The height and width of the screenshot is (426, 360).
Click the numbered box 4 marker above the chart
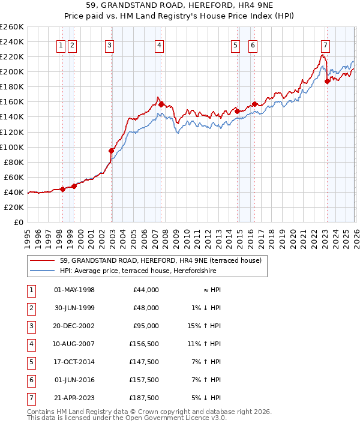tap(159, 44)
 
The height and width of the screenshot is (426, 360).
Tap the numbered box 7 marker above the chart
tap(325, 44)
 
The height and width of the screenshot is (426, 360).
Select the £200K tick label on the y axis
tap(12, 71)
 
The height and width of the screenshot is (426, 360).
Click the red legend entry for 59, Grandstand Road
tap(160, 261)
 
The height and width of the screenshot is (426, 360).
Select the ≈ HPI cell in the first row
tap(210, 290)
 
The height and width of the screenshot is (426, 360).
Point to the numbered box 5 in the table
tap(31, 362)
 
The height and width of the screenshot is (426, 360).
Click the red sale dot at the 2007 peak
tap(161, 104)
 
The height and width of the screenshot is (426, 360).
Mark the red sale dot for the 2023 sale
tap(327, 81)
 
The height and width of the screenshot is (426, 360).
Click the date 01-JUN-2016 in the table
tap(74, 380)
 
